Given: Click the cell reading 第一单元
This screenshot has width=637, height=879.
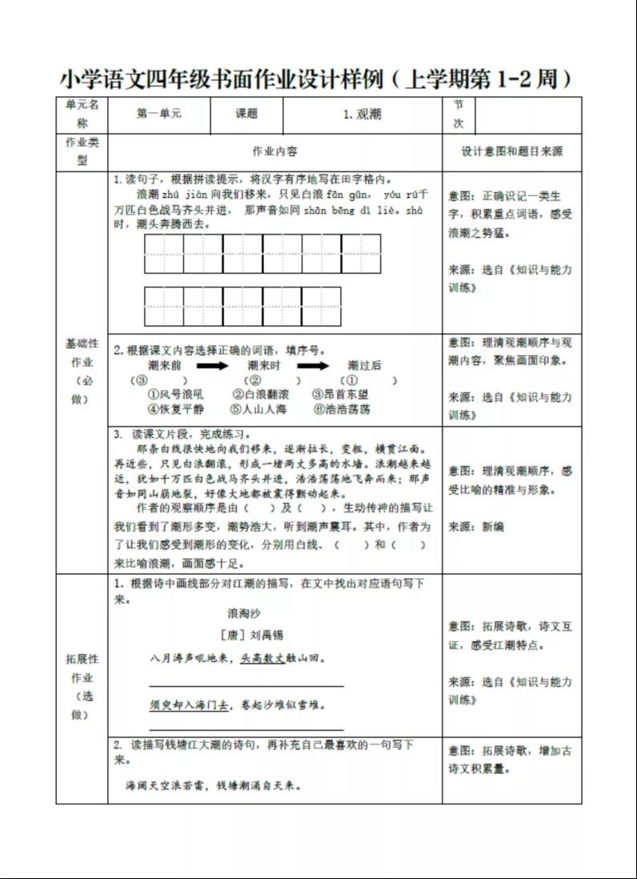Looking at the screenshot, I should point(159,114).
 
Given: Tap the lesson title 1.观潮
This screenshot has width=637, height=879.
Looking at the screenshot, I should point(362,114).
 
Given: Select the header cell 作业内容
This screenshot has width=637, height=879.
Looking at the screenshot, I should point(274,151).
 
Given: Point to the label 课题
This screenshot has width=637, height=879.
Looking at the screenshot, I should point(246,114).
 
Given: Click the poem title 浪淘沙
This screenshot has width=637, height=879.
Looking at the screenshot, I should point(244,613).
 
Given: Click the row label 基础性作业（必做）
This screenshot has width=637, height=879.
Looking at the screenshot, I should point(82,371).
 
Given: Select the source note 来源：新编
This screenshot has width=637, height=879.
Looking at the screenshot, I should point(476,527).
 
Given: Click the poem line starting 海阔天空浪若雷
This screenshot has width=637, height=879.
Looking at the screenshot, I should point(214,785).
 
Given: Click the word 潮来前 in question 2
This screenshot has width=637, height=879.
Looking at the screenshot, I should point(164,366).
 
